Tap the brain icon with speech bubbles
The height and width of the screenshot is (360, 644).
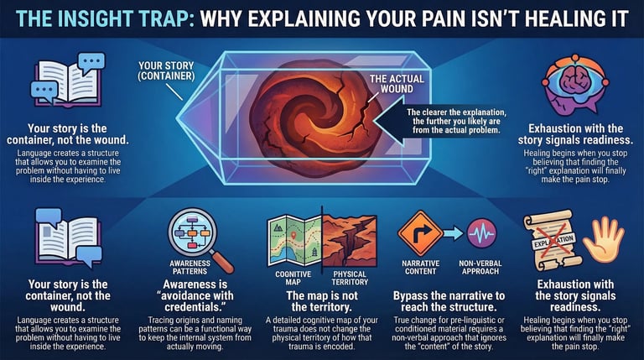(x=569, y=85)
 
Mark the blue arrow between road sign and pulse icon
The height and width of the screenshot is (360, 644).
(x=451, y=232)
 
